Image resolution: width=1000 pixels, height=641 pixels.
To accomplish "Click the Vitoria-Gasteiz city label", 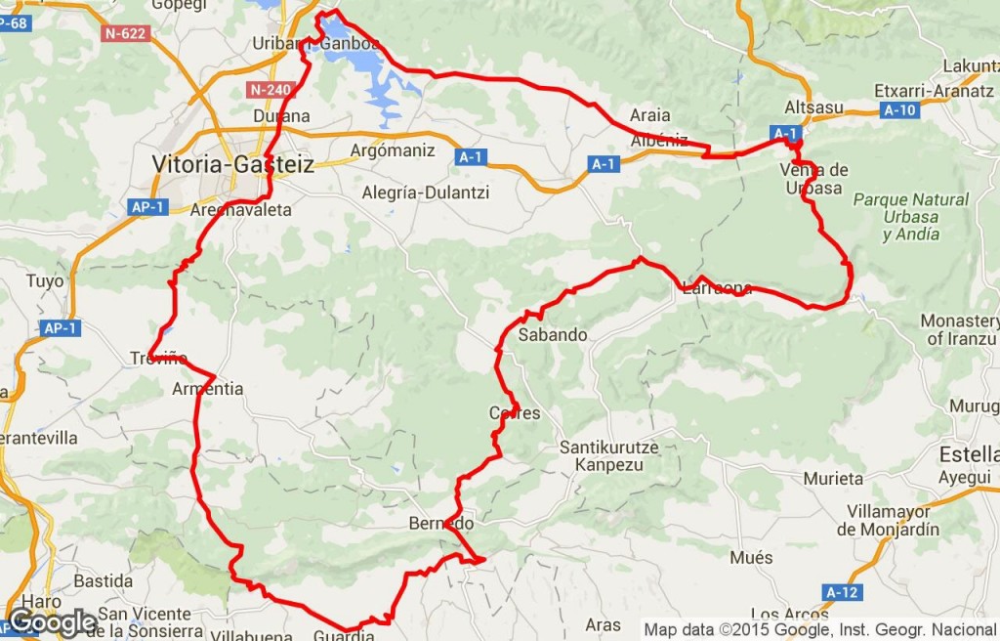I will (x=232, y=164).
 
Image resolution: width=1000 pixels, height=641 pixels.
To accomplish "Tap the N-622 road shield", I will (x=124, y=33).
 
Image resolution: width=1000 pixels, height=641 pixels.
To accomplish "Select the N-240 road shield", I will (x=271, y=90).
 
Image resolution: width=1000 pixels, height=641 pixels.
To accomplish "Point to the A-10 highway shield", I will (x=898, y=110).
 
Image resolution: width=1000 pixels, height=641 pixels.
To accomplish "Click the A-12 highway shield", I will (x=842, y=592).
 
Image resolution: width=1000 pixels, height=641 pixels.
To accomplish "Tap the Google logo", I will (x=51, y=621).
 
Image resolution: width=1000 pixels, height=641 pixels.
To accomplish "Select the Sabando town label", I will (x=553, y=335).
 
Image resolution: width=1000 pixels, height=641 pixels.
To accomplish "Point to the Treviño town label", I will (x=157, y=359).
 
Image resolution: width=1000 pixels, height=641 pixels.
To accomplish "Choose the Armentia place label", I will (x=207, y=389).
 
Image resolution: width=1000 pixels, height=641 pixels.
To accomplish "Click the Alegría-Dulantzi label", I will (x=425, y=192).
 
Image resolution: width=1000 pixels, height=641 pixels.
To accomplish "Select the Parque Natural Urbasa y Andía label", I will (x=911, y=216).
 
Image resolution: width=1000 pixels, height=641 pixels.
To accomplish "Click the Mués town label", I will (x=751, y=558).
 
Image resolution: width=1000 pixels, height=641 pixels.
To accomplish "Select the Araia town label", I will (x=650, y=115).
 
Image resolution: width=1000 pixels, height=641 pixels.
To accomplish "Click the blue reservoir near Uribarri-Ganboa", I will (x=374, y=68).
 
